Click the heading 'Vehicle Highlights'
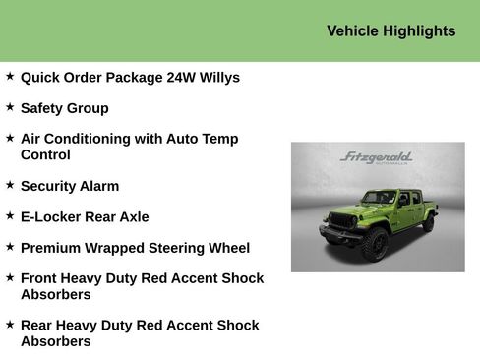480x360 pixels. [x=390, y=31]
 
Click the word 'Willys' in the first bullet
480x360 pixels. [x=217, y=78]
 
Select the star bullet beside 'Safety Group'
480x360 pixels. [x=10, y=107]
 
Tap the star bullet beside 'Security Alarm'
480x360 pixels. [x=10, y=185]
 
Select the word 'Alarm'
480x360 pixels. [x=97, y=186]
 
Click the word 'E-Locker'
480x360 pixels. [x=51, y=217]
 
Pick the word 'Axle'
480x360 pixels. [x=133, y=217]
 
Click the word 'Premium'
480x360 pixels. [x=50, y=249]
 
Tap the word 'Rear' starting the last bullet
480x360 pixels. [x=38, y=326]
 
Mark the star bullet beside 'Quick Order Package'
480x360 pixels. [x=10, y=76]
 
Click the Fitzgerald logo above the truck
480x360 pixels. [x=376, y=158]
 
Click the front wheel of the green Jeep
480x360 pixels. [x=374, y=245]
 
